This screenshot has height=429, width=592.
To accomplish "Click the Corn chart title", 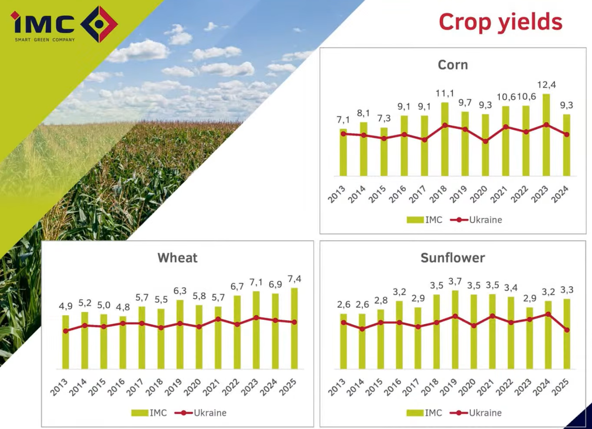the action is click(x=453, y=65).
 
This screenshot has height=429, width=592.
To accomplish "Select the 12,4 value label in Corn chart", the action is click(x=546, y=85).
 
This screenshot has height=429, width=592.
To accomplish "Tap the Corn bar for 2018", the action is click(x=445, y=139).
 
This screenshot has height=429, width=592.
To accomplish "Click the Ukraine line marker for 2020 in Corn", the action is click(x=485, y=141).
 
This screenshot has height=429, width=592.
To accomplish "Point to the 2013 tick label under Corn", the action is click(x=337, y=194).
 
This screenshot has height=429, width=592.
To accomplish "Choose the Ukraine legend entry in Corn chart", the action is click(x=476, y=220).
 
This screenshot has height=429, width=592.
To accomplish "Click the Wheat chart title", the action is click(x=177, y=258).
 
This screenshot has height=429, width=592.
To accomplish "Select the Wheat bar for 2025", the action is click(x=294, y=328).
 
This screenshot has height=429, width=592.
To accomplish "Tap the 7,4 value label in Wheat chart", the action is click(x=294, y=279).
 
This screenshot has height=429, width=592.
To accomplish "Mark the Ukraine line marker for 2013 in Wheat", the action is click(x=66, y=331).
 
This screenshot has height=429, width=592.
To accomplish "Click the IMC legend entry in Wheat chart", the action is click(x=149, y=413).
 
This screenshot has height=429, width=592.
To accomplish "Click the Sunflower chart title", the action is click(x=453, y=258).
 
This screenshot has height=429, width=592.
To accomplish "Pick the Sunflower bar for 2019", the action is click(x=455, y=330).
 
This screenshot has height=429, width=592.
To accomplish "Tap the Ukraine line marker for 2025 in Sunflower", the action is click(x=567, y=330).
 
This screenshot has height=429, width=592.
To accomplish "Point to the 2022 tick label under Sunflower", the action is click(x=504, y=387).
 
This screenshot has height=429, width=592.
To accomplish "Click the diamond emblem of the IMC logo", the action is click(x=99, y=24).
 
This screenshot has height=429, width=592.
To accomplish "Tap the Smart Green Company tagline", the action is click(x=45, y=40).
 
